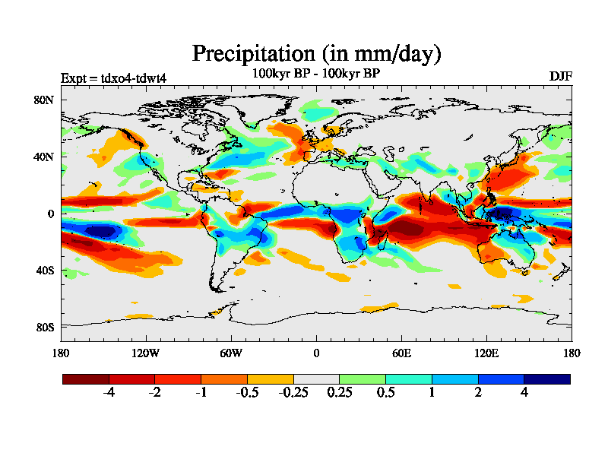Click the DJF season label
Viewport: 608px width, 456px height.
click(x=560, y=77)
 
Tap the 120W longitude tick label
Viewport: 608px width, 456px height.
click(x=146, y=353)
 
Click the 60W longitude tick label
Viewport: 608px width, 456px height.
click(x=231, y=353)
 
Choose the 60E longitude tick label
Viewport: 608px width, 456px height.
click(x=401, y=353)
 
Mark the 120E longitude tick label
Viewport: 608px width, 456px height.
click(x=486, y=353)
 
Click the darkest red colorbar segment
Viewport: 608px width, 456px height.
click(x=86, y=378)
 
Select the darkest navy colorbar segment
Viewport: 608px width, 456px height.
click(x=546, y=378)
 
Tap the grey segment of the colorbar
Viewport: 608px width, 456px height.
click(x=316, y=378)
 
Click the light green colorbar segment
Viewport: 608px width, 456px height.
click(x=363, y=378)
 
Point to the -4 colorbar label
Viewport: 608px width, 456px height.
click(x=109, y=393)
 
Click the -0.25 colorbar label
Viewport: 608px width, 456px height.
click(x=293, y=393)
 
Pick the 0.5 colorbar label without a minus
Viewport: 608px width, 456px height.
click(x=385, y=393)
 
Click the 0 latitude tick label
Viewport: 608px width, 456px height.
click(x=50, y=214)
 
